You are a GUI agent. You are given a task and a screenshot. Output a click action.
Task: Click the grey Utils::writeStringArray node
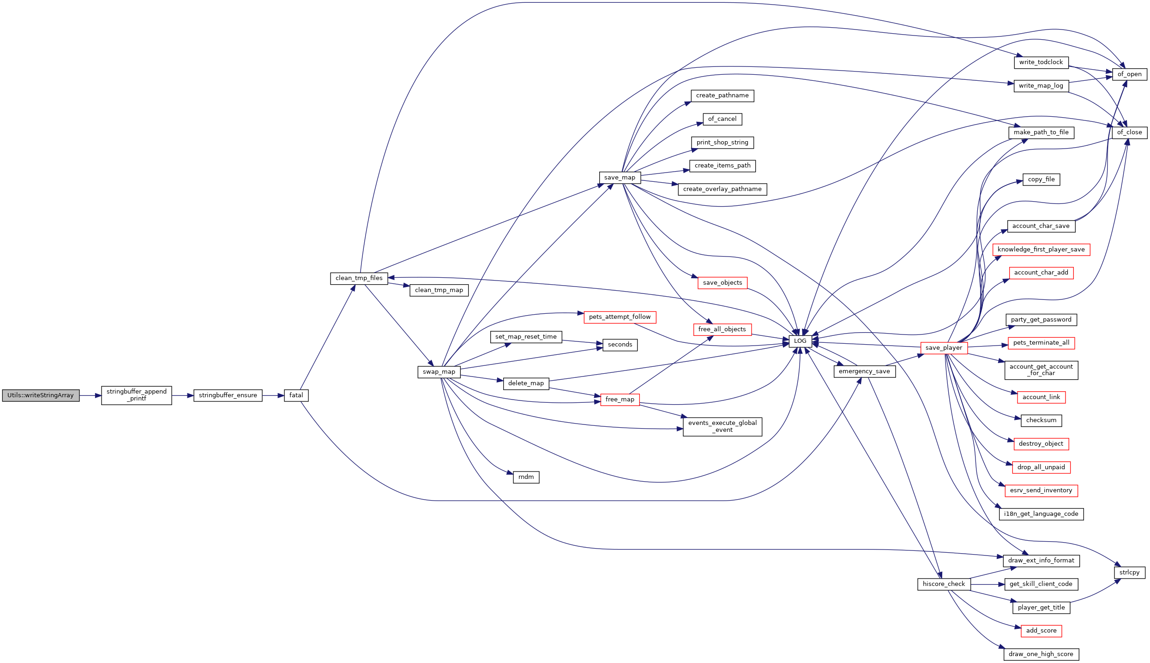pos(41,395)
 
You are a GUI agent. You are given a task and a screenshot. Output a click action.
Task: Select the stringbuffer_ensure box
pos(228,395)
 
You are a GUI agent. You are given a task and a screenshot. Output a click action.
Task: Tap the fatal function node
pos(296,395)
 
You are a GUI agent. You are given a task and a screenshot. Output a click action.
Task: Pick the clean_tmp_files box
pos(359,278)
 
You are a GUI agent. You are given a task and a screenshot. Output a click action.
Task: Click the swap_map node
pos(439,372)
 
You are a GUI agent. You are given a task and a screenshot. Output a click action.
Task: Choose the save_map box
pos(620,178)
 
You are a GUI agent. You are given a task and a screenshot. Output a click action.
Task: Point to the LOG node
pos(800,341)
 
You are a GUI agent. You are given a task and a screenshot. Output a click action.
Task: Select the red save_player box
pos(944,348)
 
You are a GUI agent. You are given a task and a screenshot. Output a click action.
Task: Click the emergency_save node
pos(864,371)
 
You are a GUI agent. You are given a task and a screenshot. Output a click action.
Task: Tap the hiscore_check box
pos(944,584)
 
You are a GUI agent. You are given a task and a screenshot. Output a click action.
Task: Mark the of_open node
pos(1129,74)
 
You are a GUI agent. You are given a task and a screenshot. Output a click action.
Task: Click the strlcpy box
pos(1129,573)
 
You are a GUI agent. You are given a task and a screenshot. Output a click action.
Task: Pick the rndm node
pos(526,477)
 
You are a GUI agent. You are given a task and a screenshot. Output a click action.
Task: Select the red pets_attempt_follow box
pos(620,317)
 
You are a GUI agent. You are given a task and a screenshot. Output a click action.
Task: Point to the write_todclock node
pos(1041,62)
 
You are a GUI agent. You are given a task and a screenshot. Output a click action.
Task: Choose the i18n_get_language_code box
pos(1041,514)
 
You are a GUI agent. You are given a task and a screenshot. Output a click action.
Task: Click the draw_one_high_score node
pos(1041,654)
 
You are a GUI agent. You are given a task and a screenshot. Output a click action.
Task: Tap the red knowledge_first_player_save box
pos(1041,250)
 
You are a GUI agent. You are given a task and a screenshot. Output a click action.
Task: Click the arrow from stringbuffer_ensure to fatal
pos(273,395)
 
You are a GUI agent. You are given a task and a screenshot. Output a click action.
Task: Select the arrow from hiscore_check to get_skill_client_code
pos(987,584)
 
